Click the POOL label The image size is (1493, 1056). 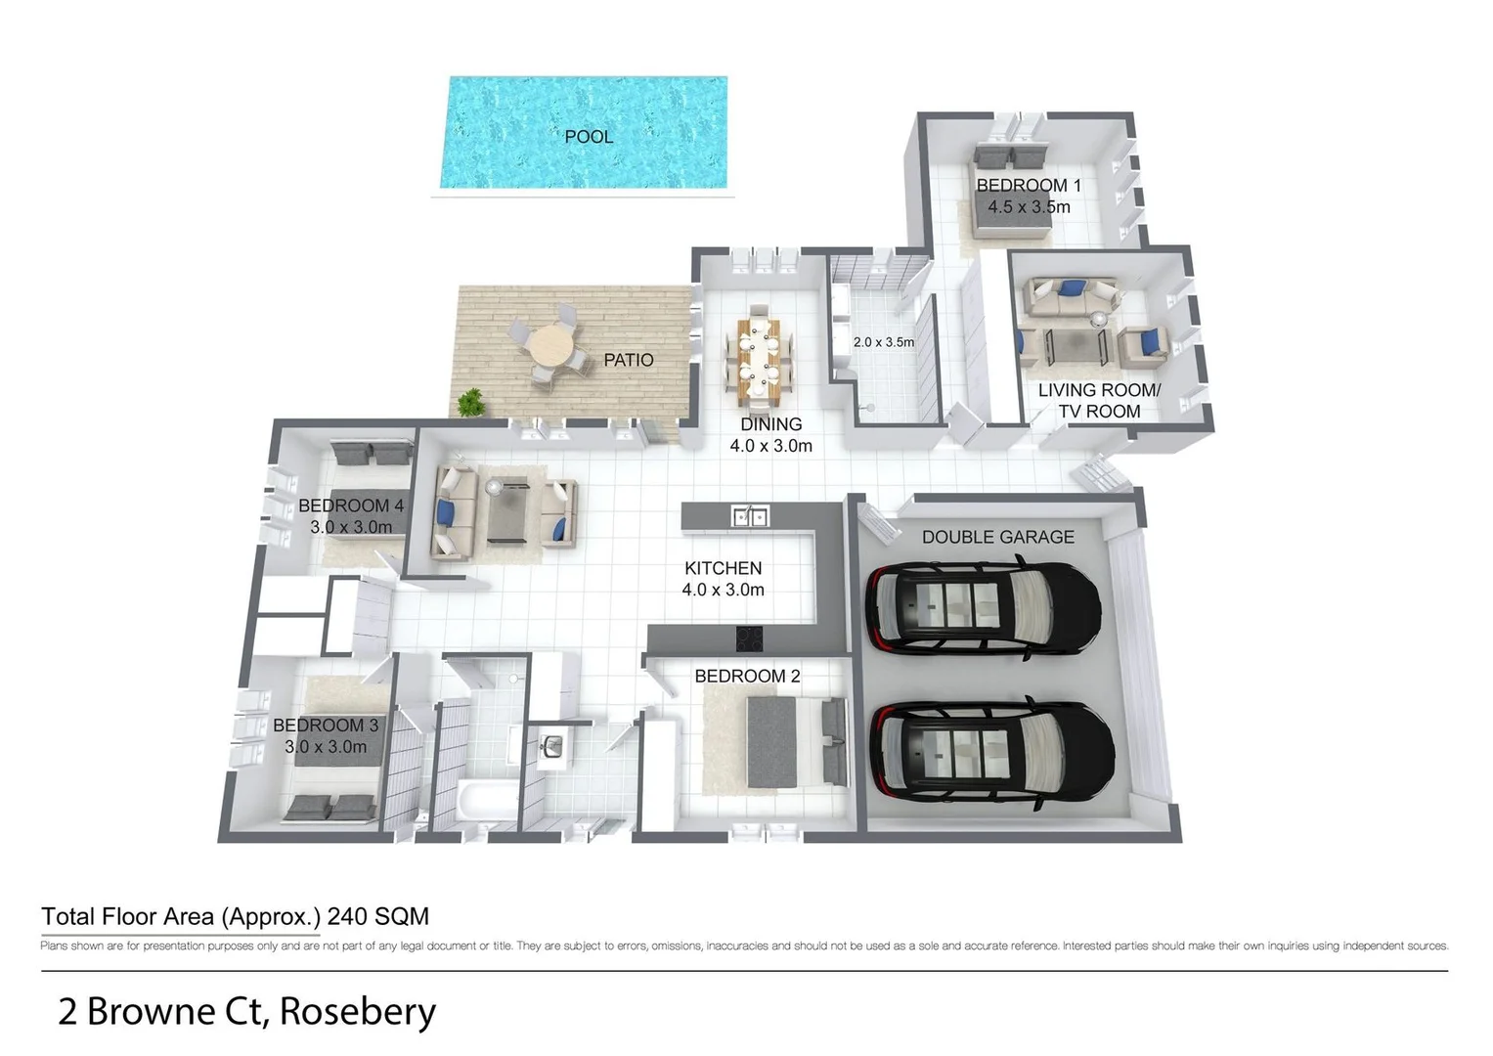click(x=589, y=137)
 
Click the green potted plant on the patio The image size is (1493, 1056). click(x=471, y=402)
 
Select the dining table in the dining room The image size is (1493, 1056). click(x=759, y=358)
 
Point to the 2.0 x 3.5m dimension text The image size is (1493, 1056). click(x=883, y=342)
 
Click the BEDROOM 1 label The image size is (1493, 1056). click(x=1029, y=185)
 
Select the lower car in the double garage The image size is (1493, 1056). click(x=991, y=749)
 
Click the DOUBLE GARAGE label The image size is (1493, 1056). click(x=997, y=537)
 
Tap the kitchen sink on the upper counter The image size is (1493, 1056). click(x=750, y=515)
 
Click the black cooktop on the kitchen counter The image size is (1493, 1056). click(x=750, y=638)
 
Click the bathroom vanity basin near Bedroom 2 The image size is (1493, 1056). click(x=551, y=746)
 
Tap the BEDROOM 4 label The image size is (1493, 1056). click(x=350, y=506)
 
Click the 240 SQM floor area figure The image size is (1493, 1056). click(x=377, y=916)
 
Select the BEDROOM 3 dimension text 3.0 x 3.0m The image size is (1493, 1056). click(x=326, y=747)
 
